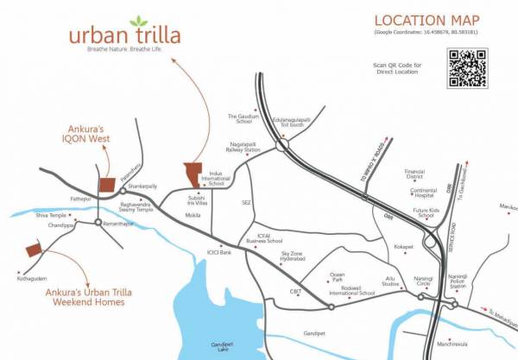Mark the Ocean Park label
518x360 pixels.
[x=338, y=279]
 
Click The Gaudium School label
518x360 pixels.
[x=244, y=118]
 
